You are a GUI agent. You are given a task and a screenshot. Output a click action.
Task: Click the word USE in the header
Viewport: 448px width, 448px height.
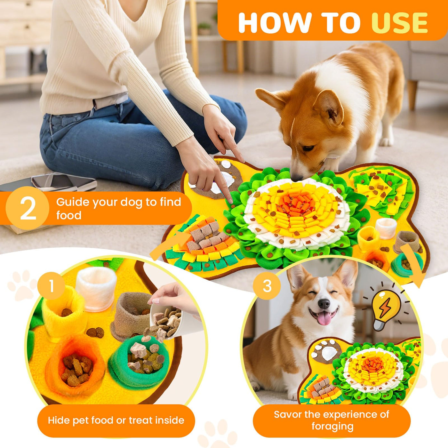pyautogui.click(x=399, y=23)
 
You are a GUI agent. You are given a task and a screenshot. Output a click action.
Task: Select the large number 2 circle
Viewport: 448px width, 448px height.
pyautogui.click(x=28, y=208)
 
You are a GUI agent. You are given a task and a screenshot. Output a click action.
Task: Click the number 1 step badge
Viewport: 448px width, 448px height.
pyautogui.click(x=52, y=286)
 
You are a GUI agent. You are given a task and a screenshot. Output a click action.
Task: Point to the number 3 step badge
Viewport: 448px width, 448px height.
pyautogui.click(x=267, y=286)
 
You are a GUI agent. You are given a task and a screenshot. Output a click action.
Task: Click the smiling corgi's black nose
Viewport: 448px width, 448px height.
pyautogui.click(x=324, y=303)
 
